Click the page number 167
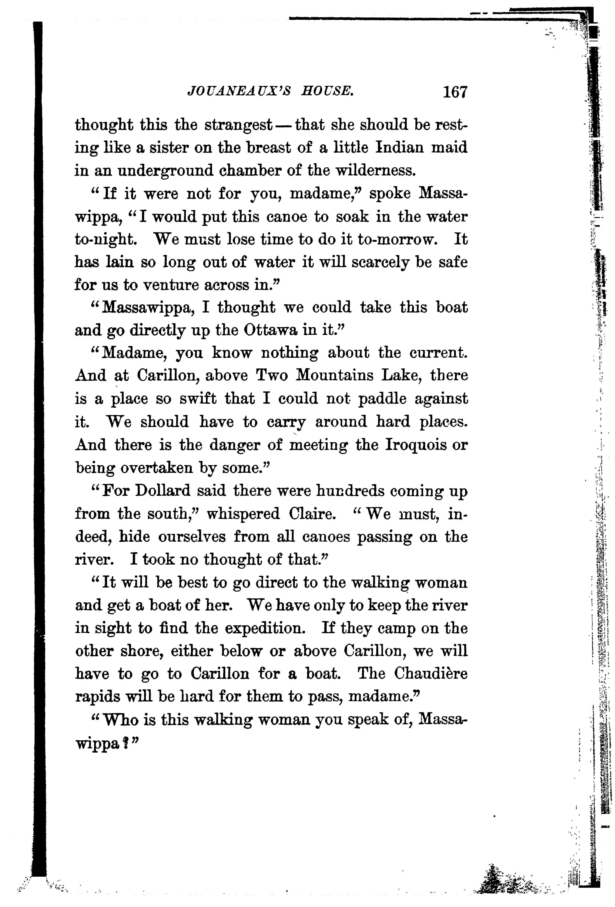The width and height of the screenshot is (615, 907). click(455, 93)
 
